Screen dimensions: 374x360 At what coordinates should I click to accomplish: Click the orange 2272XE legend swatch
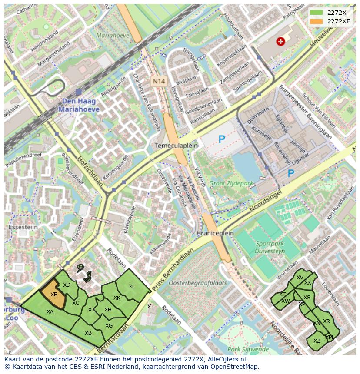tap(316, 21)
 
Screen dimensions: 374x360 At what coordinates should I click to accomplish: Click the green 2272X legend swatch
tap(316, 13)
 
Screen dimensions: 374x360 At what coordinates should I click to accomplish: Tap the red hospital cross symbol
tap(280, 41)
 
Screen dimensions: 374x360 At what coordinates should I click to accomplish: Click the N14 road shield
tap(158, 81)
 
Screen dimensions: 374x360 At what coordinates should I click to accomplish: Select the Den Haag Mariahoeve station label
tap(80, 106)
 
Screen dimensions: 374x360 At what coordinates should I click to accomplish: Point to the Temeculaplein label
tap(177, 146)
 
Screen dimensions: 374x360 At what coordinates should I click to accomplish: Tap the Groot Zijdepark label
tap(231, 183)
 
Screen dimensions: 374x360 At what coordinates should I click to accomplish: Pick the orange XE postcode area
tap(53, 294)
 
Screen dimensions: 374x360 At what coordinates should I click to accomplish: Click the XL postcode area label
tap(132, 287)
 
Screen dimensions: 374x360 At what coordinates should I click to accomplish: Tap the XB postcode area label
tap(88, 333)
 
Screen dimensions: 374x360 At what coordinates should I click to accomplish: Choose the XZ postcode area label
tap(317, 341)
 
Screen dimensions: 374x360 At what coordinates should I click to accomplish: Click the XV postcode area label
tap(300, 278)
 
